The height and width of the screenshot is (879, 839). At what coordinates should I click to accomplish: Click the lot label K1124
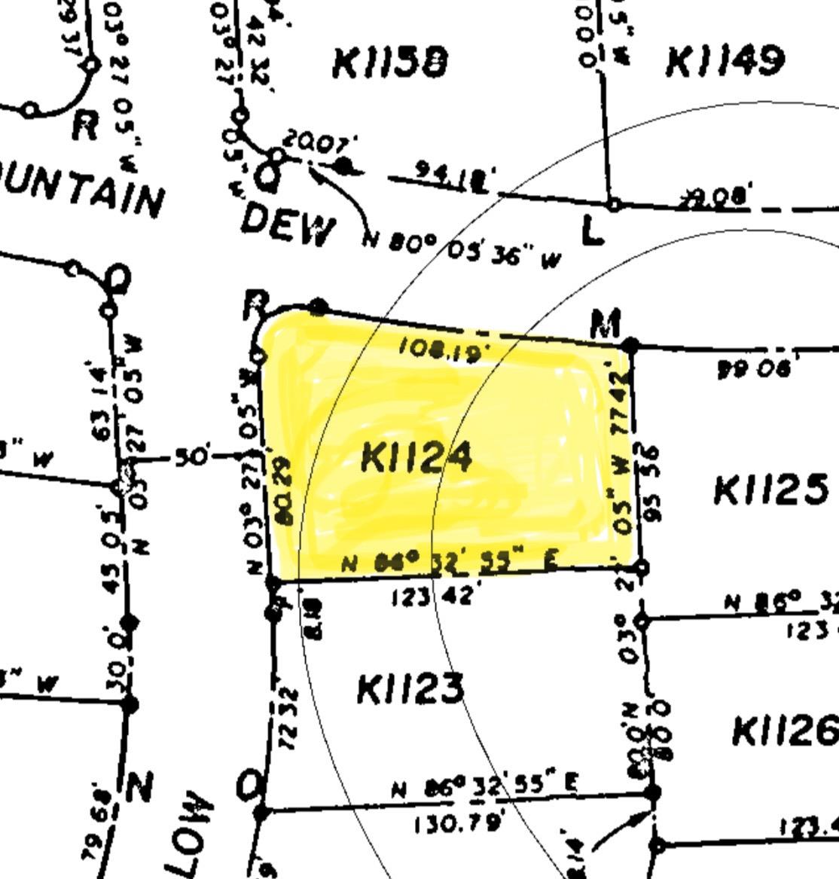pyautogui.click(x=416, y=457)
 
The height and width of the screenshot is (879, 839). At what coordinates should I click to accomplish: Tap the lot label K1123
pyautogui.click(x=410, y=688)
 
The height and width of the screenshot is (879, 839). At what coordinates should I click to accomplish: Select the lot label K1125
pyautogui.click(x=770, y=490)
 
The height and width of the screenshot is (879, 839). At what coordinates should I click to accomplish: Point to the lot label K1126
pyautogui.click(x=784, y=730)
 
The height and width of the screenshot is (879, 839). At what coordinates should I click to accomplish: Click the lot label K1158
pyautogui.click(x=389, y=63)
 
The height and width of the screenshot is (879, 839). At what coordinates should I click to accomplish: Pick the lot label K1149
pyautogui.click(x=725, y=61)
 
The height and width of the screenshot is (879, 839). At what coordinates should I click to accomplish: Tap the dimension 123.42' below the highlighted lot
pyautogui.click(x=432, y=597)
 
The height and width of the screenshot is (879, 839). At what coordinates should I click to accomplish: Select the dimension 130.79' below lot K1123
pyautogui.click(x=458, y=823)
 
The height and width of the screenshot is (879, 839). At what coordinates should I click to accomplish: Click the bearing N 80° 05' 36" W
pyautogui.click(x=463, y=249)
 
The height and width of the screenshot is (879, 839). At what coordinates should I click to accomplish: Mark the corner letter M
pyautogui.click(x=606, y=323)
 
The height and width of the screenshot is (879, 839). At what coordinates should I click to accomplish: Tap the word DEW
pyautogui.click(x=288, y=225)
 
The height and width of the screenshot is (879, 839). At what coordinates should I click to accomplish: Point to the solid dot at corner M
pyautogui.click(x=631, y=346)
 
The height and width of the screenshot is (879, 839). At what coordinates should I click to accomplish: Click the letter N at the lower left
pyautogui.click(x=140, y=787)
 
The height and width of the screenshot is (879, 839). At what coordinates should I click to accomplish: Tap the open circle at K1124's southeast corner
pyautogui.click(x=641, y=567)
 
